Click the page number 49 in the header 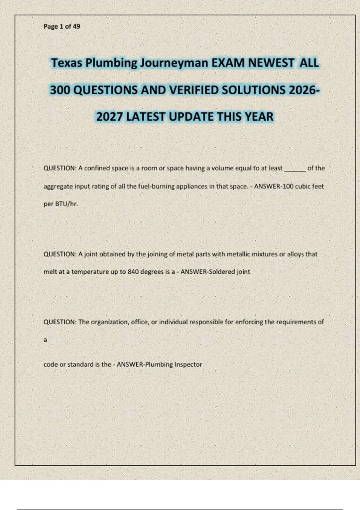point(76,26)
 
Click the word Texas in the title point(66,63)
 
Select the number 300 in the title point(60,90)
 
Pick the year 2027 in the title point(109,117)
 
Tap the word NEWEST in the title point(271,63)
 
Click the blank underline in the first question point(295,169)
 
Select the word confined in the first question point(97,168)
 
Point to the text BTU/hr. point(67,204)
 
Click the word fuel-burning point(156,186)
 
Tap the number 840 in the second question point(133,272)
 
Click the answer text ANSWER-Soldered point(208,272)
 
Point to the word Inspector point(188,364)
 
